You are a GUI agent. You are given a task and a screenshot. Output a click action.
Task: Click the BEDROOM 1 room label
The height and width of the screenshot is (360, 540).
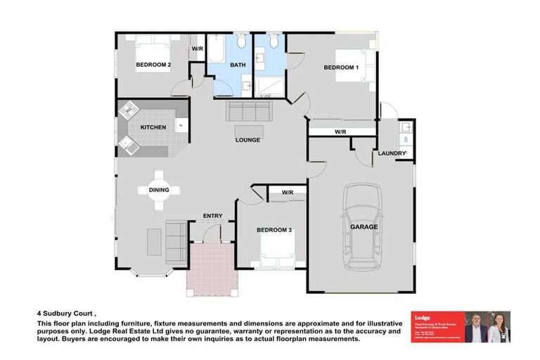point(341,67)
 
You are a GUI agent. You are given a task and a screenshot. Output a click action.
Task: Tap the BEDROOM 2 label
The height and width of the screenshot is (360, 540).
point(153,65)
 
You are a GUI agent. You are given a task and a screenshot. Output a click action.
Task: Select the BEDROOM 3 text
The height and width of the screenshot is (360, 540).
point(274,230)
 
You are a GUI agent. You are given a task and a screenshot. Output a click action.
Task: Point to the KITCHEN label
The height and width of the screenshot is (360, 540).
point(153,127)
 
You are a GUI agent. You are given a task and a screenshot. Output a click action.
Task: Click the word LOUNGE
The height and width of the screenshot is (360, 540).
point(247,140)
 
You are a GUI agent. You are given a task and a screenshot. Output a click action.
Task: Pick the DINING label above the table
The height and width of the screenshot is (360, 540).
point(158,189)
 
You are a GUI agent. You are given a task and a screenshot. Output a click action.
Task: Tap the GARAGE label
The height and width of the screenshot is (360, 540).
point(364,227)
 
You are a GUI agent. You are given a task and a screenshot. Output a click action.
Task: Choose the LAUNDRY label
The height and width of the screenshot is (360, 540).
point(392,153)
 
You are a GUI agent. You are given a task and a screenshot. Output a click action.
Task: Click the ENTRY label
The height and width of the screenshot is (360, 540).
point(212,216)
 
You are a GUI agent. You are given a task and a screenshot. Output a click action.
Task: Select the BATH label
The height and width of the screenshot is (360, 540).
point(237,65)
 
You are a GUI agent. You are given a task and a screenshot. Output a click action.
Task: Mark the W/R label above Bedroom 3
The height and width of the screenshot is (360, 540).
point(287,193)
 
